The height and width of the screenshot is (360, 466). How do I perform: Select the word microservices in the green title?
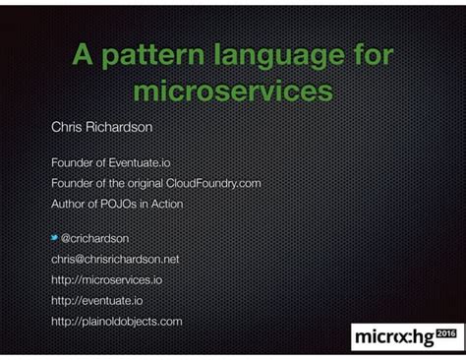(x=232, y=92)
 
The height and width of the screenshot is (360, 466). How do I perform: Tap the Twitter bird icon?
(x=55, y=237)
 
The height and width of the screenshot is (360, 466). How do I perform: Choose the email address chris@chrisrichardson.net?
(x=115, y=259)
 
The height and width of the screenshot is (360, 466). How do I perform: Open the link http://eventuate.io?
(x=96, y=300)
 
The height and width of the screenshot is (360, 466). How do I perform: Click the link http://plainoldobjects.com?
(x=116, y=321)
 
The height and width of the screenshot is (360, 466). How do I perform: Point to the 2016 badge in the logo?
(x=447, y=333)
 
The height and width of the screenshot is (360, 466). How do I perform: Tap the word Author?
(x=68, y=204)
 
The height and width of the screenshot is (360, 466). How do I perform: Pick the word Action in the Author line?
(x=165, y=204)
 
